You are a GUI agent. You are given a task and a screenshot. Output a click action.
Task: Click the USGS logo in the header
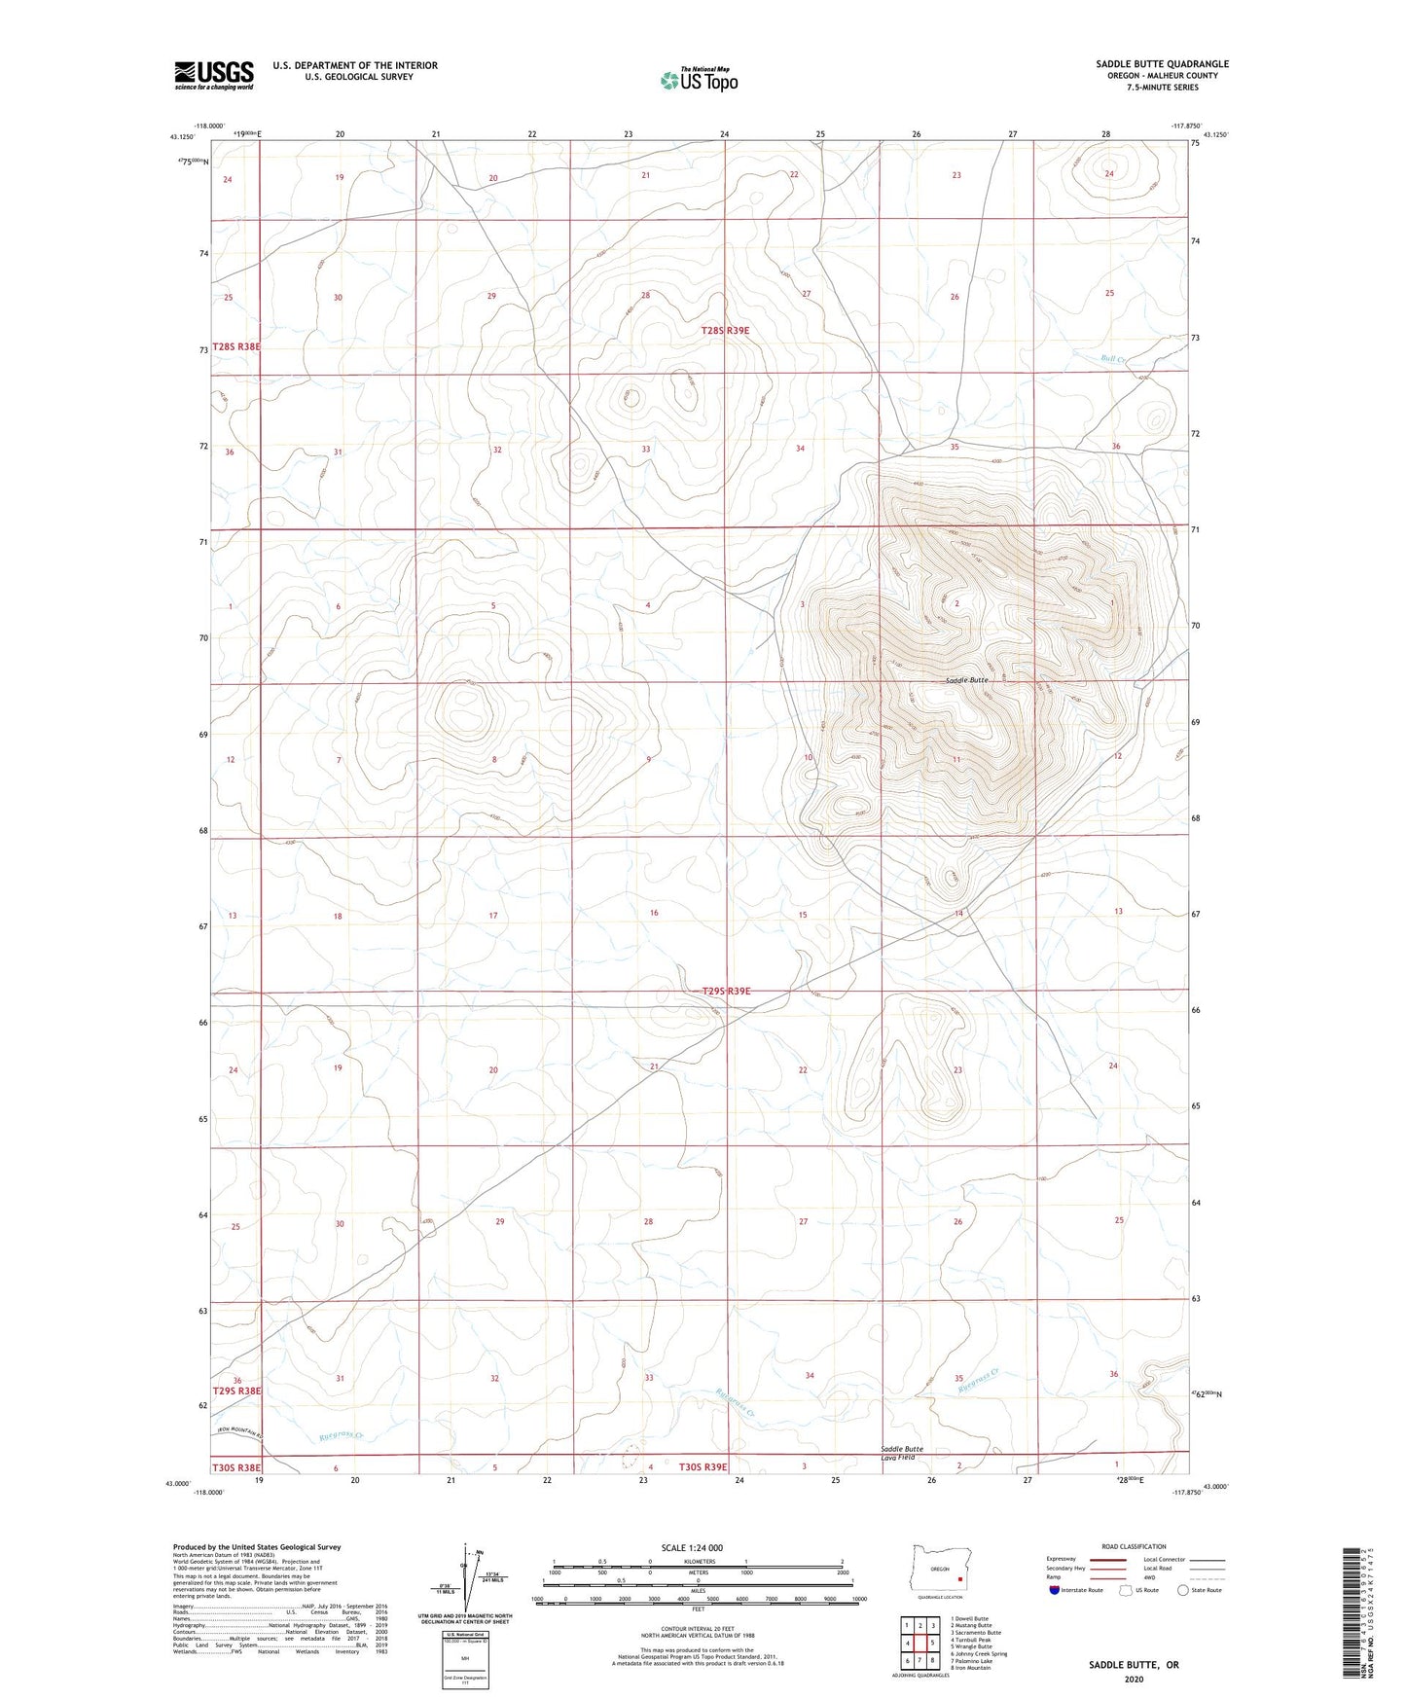tap(214, 75)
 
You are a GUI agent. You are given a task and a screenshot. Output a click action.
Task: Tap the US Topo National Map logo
tap(698, 80)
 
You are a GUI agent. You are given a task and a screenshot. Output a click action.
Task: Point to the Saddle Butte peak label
tap(967, 680)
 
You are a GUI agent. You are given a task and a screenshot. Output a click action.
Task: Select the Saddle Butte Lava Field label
tap(902, 1453)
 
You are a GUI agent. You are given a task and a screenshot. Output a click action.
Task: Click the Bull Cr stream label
tap(1113, 359)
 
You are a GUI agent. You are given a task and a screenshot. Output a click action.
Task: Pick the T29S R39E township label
tap(726, 992)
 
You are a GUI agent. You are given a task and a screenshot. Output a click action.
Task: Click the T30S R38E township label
tap(236, 1466)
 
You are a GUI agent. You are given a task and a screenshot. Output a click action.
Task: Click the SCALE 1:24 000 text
tap(692, 1548)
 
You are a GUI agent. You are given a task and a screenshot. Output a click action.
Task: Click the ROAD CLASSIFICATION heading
tap(1134, 1546)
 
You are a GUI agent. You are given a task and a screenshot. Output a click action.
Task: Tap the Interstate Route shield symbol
tap(1055, 1590)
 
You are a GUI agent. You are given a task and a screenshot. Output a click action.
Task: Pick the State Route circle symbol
tap(1183, 1590)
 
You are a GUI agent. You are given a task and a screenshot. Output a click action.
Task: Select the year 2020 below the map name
tap(1133, 1679)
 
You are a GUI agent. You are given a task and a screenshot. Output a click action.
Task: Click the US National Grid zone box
tap(465, 1654)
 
